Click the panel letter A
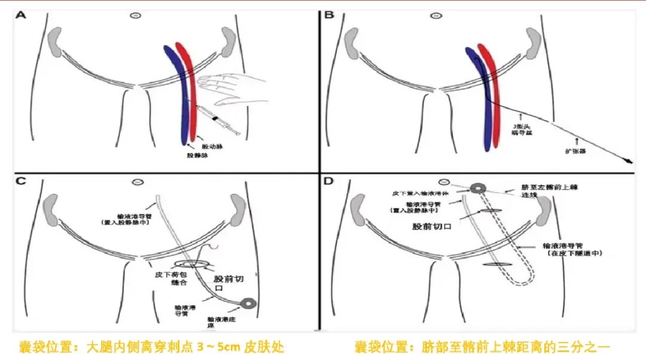[21, 14]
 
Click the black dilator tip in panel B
[629, 160]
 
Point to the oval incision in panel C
[192, 263]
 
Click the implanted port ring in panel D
[477, 188]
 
